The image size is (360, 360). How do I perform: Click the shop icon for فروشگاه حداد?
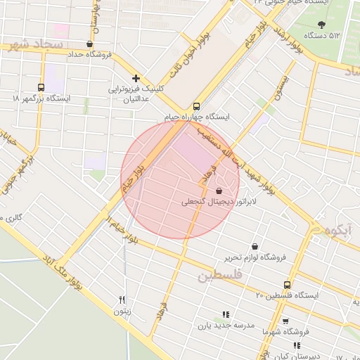coord(89,44)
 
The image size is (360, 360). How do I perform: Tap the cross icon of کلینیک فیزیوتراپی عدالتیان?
coord(136,79)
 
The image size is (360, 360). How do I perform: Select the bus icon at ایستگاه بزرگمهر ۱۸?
coord(41,88)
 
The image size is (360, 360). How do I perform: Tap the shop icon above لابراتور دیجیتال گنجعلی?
coord(219,191)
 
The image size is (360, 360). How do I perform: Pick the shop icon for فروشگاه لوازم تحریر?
coord(254,247)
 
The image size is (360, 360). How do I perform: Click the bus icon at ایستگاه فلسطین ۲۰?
coord(286,285)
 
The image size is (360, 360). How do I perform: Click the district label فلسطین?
coord(219,275)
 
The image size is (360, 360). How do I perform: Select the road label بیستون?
coord(282,89)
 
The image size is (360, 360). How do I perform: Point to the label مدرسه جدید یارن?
coord(223,326)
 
